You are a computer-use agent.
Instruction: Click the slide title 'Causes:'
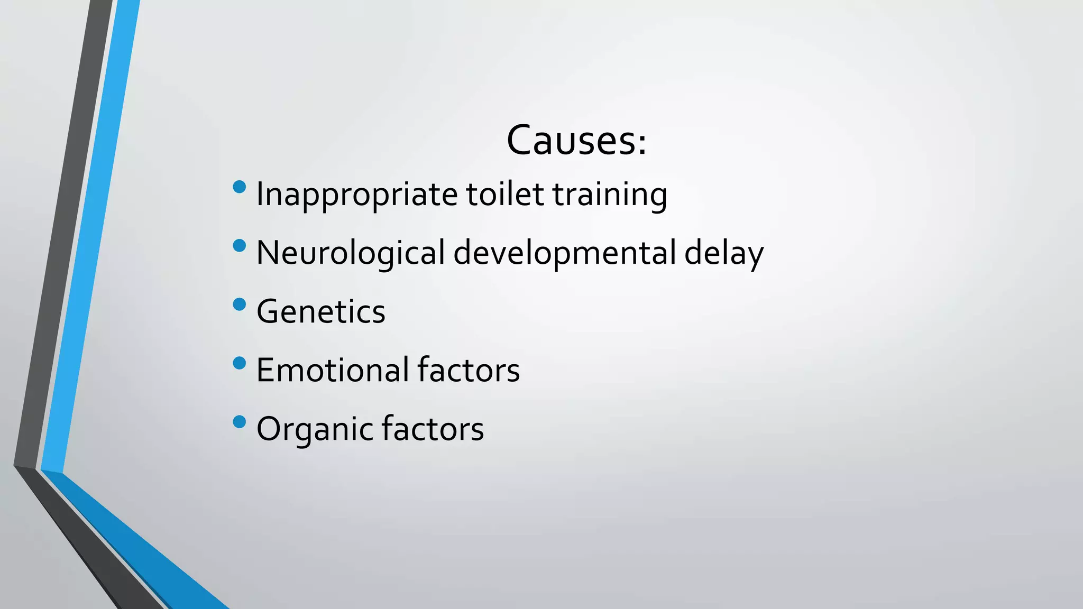[576, 141]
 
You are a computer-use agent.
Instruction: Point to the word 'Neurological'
[350, 253]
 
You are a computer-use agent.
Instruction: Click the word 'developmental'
[564, 253]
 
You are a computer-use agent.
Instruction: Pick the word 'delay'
[724, 253]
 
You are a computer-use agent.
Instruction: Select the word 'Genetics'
[320, 311]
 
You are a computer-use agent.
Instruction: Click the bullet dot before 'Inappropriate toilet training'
[240, 187]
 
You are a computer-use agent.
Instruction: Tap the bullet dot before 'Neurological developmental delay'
[240, 245]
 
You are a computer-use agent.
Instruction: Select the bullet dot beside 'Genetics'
[240, 304]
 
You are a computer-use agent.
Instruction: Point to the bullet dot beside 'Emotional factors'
[240, 363]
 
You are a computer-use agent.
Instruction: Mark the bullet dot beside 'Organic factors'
[240, 422]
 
